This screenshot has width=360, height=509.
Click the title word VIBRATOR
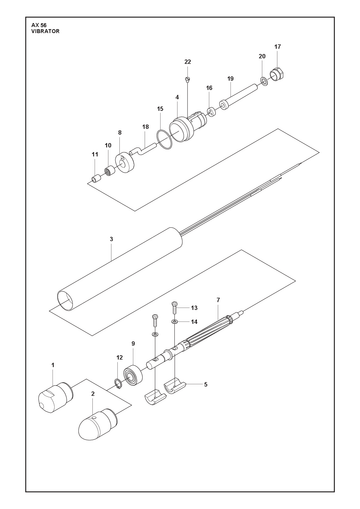pos(45,31)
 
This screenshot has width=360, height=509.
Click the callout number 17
pos(278,47)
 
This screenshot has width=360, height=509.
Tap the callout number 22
pos(188,62)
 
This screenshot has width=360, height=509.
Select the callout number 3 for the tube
pos(111,239)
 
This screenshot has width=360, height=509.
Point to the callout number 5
pos(206,385)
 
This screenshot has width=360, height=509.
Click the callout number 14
pos(194,322)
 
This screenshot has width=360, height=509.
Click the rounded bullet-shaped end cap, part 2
pos(98,424)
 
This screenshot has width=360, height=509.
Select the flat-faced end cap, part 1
pos(56,397)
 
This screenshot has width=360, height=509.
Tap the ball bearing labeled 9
pos(133,376)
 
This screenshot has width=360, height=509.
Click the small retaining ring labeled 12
pos(118,383)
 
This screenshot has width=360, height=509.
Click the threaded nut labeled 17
pos(277,74)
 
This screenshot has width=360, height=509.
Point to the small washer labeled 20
pos(263,80)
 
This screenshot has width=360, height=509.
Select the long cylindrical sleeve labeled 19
pos(239,96)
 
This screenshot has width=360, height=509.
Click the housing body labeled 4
pos(188,128)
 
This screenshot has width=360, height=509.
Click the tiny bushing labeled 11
pos(96,178)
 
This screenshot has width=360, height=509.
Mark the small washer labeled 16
pos(211,112)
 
